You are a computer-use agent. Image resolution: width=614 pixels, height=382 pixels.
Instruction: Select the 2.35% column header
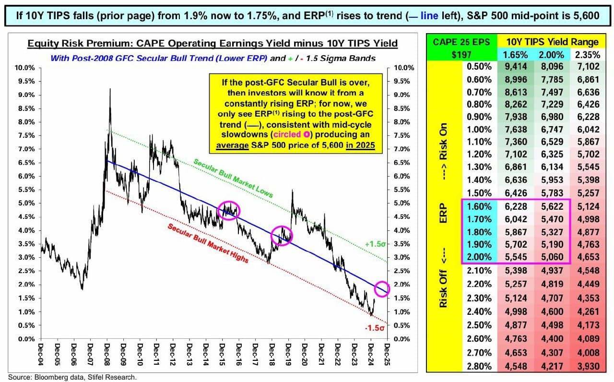pyautogui.click(x=587, y=55)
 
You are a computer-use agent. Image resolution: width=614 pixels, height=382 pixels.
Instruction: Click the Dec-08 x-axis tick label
pyautogui.click(x=106, y=356)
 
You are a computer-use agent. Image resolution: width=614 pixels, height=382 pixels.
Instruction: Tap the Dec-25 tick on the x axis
pyautogui.click(x=387, y=356)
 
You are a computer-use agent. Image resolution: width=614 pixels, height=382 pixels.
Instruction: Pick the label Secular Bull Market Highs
pyautogui.click(x=208, y=243)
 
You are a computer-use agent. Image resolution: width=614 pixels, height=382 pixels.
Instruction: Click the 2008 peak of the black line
pyautogui.click(x=111, y=89)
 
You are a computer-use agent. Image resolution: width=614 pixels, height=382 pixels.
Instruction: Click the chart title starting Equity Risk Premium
pyautogui.click(x=213, y=44)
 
